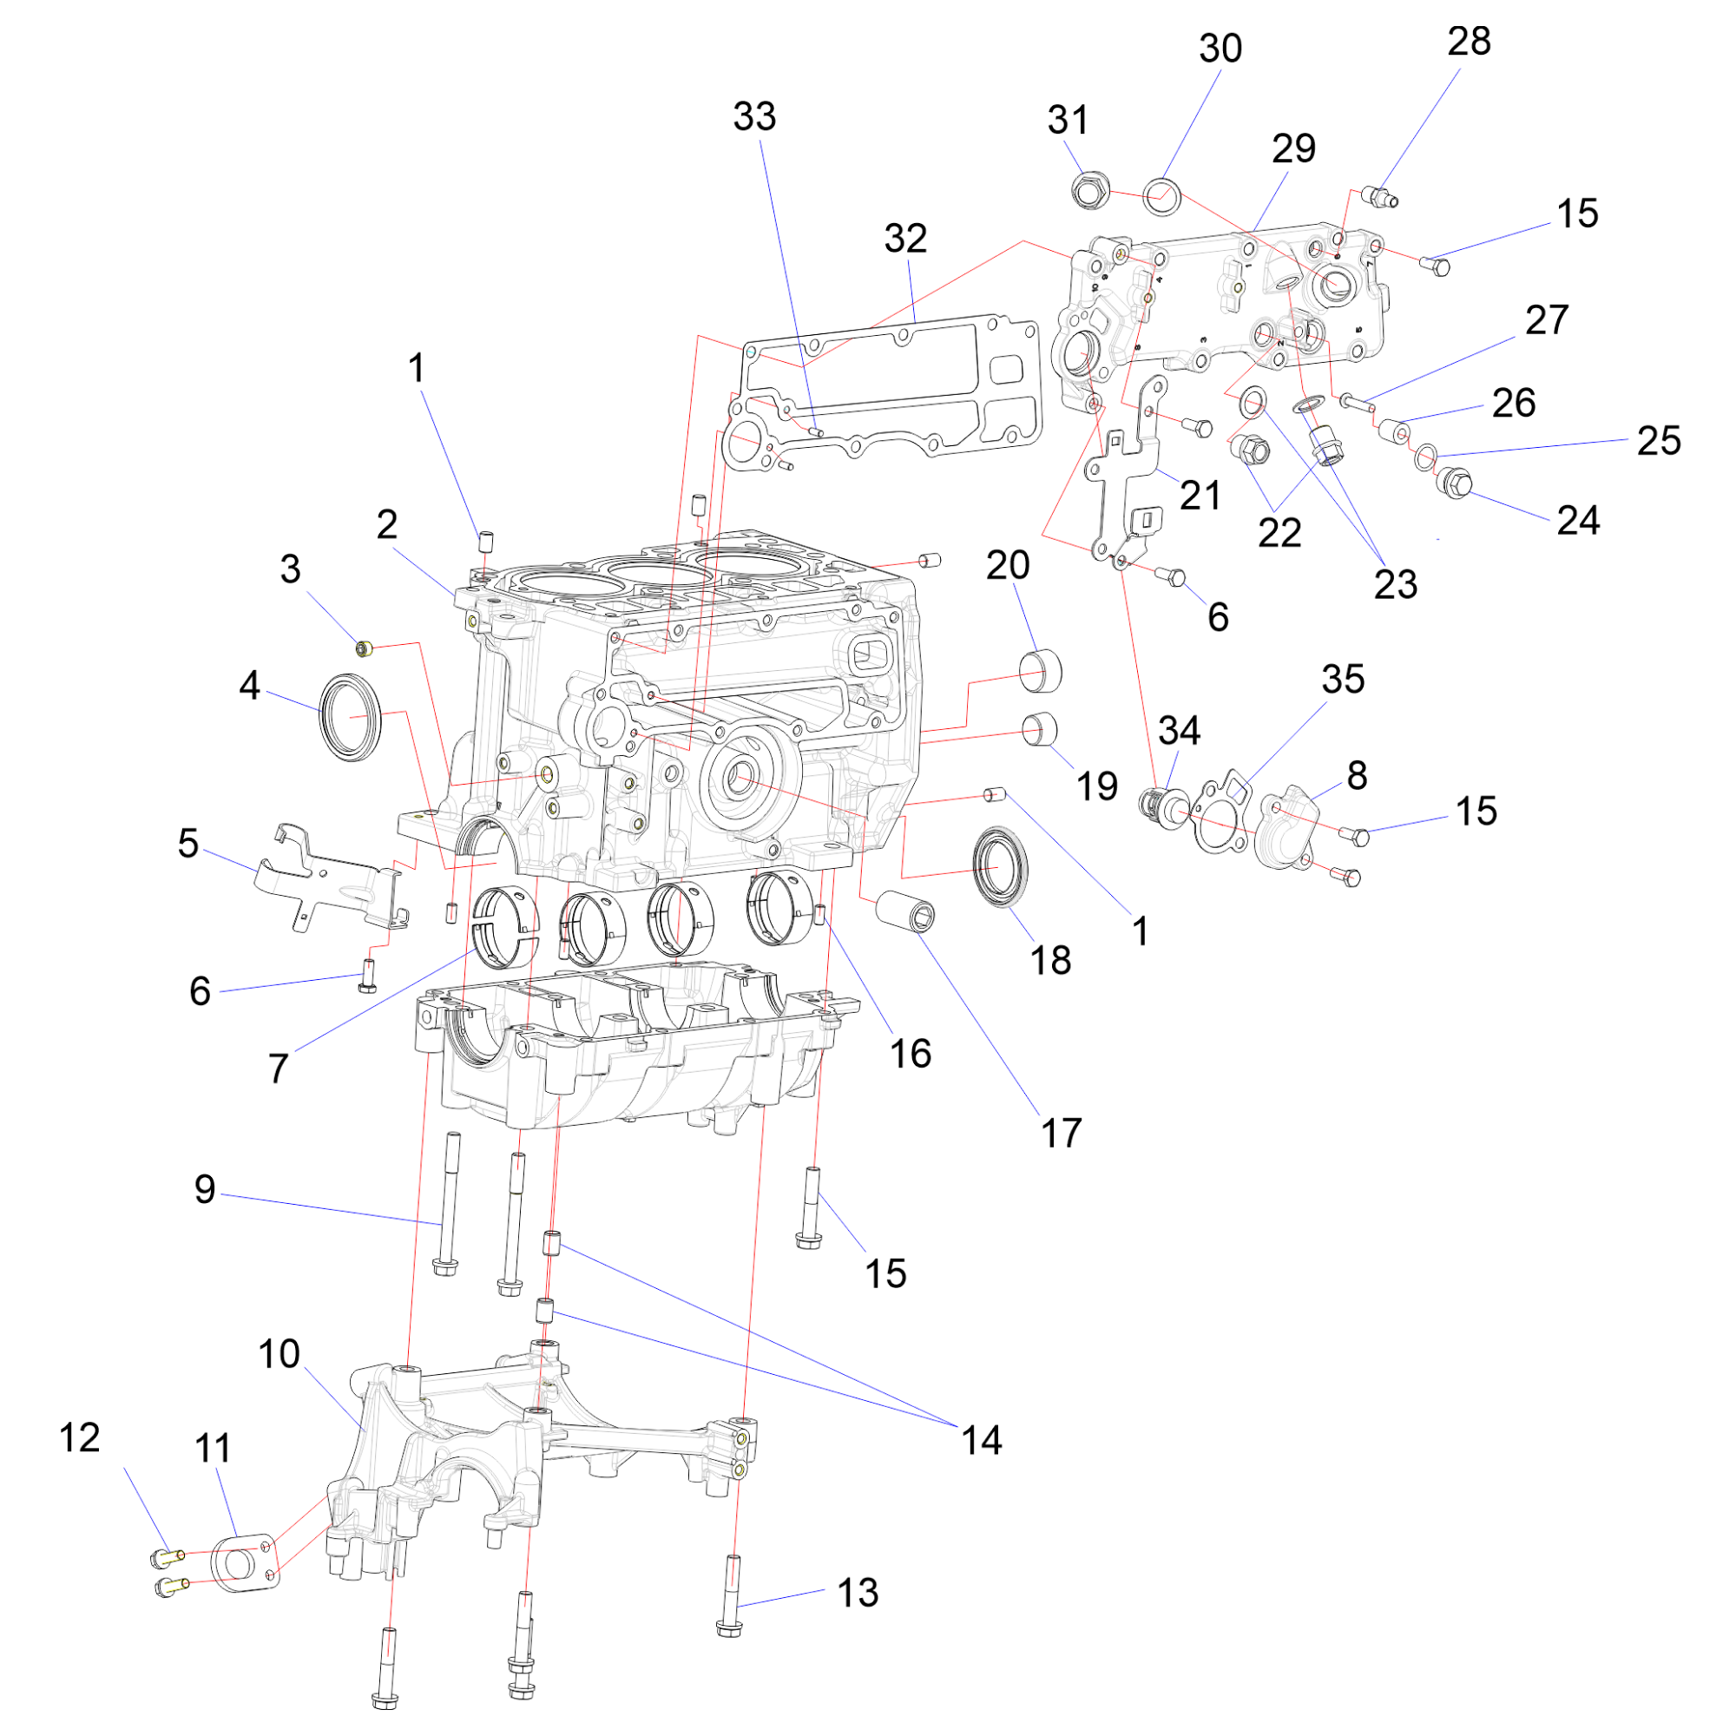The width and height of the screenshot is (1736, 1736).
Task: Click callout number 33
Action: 754,117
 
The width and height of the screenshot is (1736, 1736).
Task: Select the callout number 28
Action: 1470,43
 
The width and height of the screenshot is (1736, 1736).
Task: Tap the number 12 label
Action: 79,1437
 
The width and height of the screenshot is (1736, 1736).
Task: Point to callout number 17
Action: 1062,1133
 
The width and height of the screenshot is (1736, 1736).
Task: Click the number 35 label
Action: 1343,680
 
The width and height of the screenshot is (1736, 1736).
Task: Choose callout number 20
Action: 1007,565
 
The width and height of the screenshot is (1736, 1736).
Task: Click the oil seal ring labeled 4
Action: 352,716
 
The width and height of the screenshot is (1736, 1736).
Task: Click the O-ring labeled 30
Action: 1163,194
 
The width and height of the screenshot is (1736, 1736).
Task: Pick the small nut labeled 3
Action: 364,647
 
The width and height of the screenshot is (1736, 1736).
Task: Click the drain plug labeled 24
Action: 1455,483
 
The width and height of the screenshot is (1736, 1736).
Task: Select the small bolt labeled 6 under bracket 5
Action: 367,976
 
